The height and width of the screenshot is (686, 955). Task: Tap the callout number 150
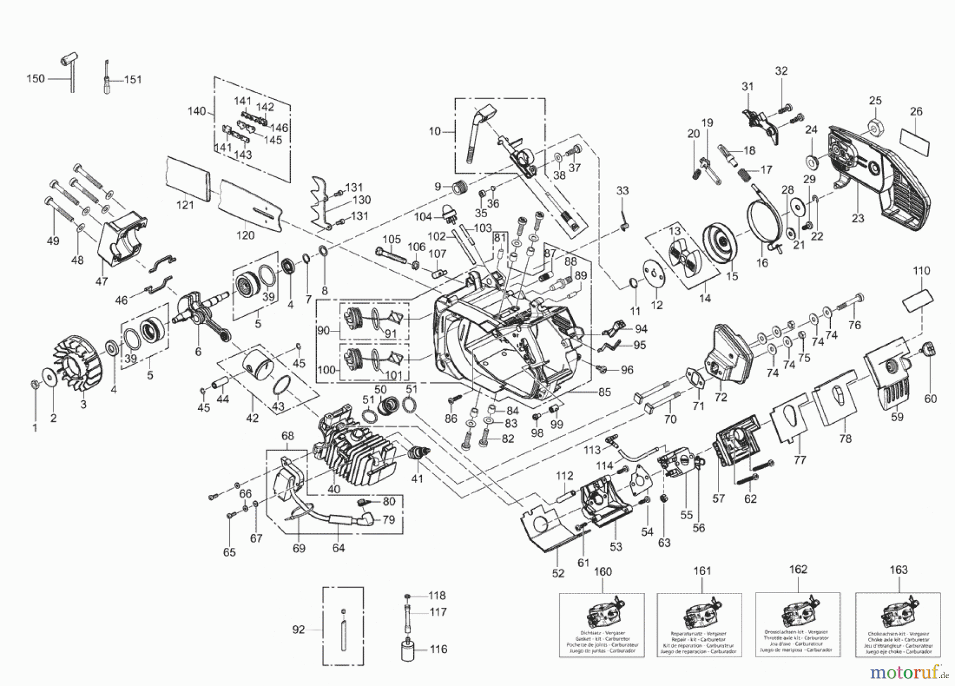pyautogui.click(x=36, y=79)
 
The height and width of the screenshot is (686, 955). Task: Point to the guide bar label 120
pyautogui.click(x=245, y=235)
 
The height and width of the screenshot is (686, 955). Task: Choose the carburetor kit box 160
pyautogui.click(x=602, y=624)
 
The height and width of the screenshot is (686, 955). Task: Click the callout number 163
pyautogui.click(x=899, y=570)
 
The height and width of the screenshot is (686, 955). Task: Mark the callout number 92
pyautogui.click(x=299, y=630)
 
